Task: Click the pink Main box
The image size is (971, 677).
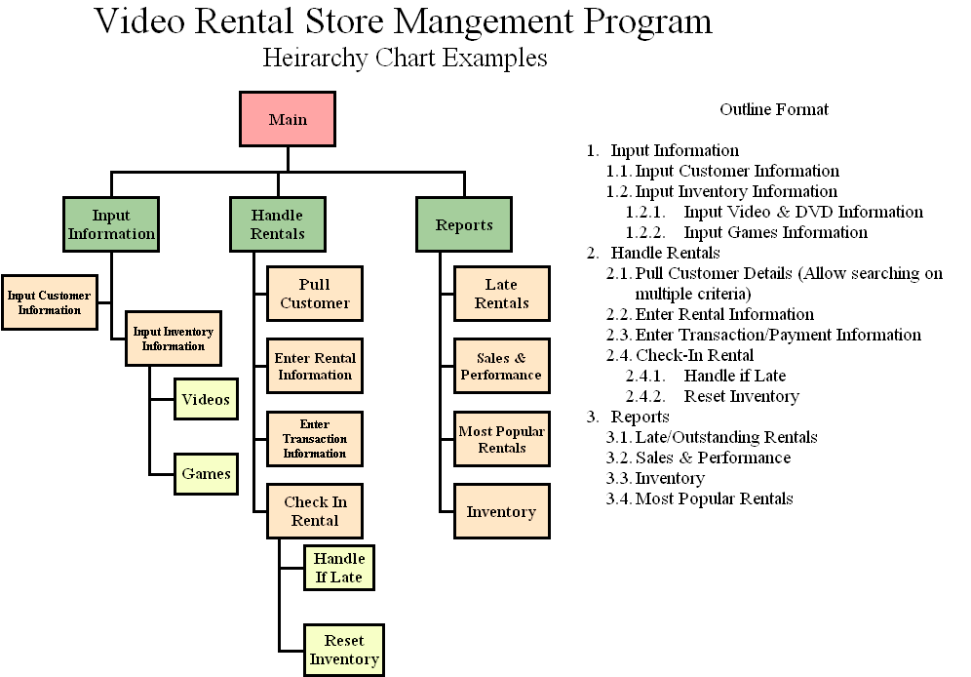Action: click(288, 120)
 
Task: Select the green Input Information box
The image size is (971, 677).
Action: click(111, 224)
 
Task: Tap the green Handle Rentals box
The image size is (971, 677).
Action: click(278, 224)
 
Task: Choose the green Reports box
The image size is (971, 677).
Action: click(464, 224)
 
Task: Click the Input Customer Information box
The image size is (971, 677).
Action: click(49, 302)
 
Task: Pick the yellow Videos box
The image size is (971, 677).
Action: click(206, 399)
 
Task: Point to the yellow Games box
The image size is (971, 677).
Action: click(206, 475)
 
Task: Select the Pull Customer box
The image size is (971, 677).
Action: click(315, 294)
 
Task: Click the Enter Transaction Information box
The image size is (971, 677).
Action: click(315, 439)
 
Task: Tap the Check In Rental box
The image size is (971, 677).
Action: click(315, 511)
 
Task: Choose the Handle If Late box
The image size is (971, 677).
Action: click(339, 568)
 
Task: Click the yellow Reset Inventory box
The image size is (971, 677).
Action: click(344, 650)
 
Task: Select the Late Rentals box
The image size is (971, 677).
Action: click(501, 294)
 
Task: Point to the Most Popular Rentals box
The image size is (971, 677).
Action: click(501, 440)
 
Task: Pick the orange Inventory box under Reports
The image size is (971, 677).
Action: click(501, 512)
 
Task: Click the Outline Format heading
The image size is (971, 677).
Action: click(774, 109)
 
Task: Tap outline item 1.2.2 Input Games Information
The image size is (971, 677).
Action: click(775, 232)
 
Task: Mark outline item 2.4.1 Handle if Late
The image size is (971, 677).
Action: click(734, 376)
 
